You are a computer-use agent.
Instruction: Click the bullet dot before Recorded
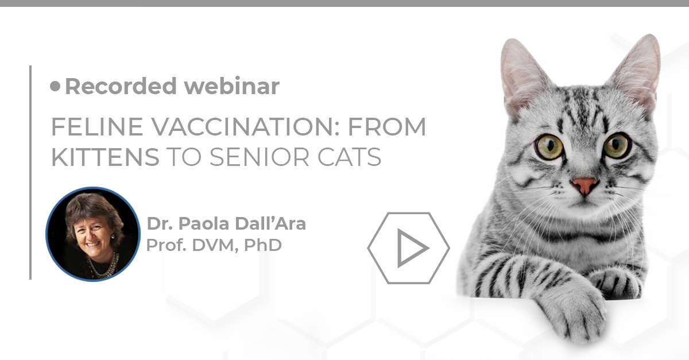coord(55,86)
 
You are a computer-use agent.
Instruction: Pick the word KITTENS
coord(105,157)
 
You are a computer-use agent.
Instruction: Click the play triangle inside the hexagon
coord(412,247)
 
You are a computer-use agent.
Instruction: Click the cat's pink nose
coord(584,185)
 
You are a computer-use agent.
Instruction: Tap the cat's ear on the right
coord(637,69)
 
